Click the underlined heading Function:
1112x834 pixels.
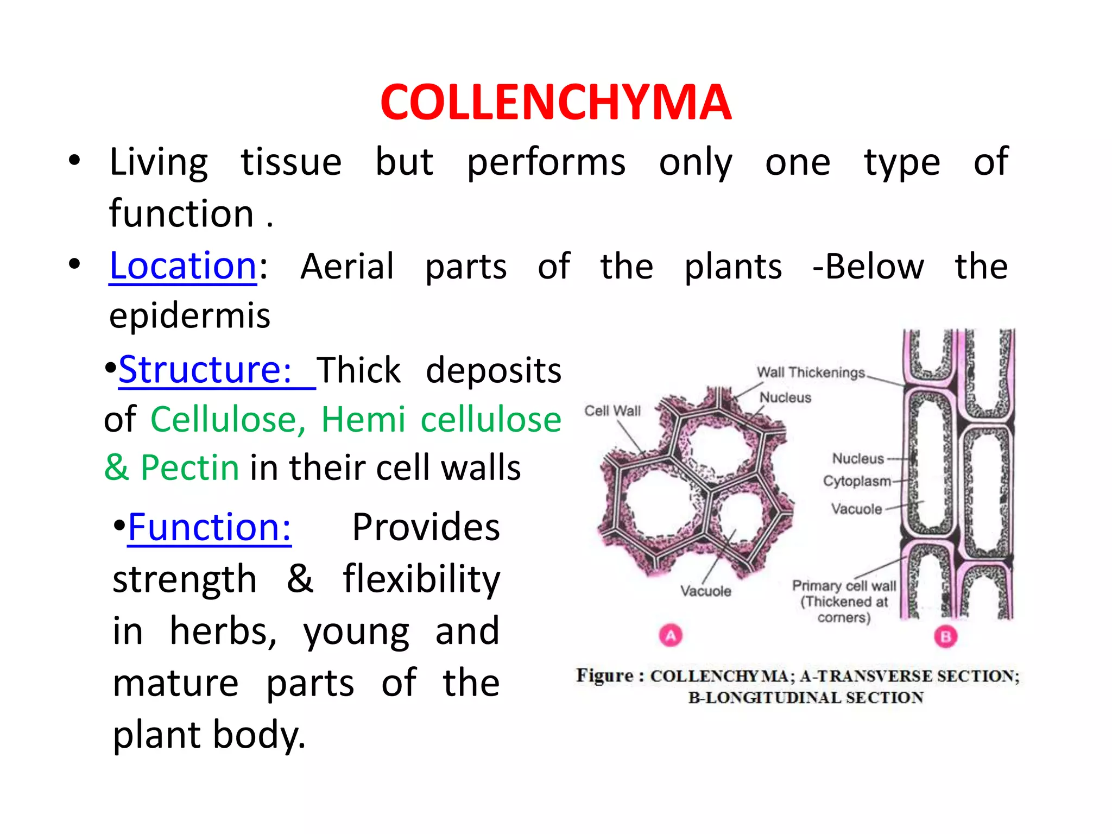tap(209, 527)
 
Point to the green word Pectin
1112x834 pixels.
tap(189, 467)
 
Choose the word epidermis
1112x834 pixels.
tap(189, 315)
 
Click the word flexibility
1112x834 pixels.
tap(421, 579)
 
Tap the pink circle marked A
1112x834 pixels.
tap(671, 635)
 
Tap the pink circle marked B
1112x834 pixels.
tap(945, 636)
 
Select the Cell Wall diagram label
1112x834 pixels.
tap(612, 411)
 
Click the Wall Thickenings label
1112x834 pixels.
tap(811, 372)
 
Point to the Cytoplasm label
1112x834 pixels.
tap(856, 481)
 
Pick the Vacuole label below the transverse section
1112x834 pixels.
tap(705, 591)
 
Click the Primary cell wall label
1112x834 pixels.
tap(844, 586)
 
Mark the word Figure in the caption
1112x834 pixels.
tap(604, 675)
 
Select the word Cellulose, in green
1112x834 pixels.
tap(228, 420)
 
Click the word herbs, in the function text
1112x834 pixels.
tap(223, 631)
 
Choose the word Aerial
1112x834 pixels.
tap(347, 267)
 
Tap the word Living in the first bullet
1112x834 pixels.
tap(159, 162)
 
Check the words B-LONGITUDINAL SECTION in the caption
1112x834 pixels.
tap(805, 698)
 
